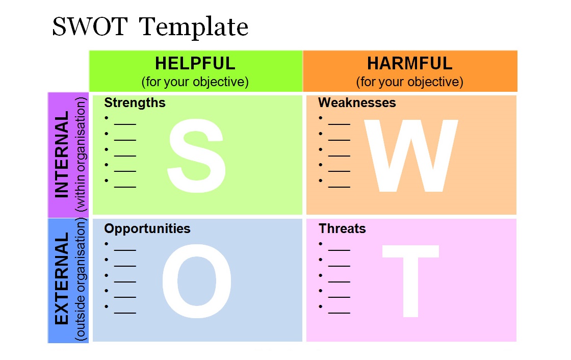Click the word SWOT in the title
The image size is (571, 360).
pyautogui.click(x=90, y=26)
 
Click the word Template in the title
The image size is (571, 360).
pyautogui.click(x=194, y=28)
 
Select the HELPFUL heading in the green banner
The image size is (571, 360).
pyautogui.click(x=195, y=63)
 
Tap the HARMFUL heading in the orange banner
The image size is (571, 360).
pyautogui.click(x=410, y=63)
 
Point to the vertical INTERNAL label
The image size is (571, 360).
pyautogui.click(x=62, y=155)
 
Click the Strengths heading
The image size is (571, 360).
pyautogui.click(x=135, y=103)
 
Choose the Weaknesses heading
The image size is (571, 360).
pyautogui.click(x=357, y=103)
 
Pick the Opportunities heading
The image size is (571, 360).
pyautogui.click(x=147, y=229)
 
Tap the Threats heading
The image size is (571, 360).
pyautogui.click(x=342, y=228)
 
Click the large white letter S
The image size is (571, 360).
pyautogui.click(x=197, y=156)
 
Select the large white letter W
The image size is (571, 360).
pyautogui.click(x=411, y=156)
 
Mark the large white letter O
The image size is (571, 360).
pyautogui.click(x=197, y=281)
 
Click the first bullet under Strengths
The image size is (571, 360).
pyautogui.click(x=107, y=118)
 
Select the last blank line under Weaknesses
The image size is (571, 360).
pyautogui.click(x=339, y=187)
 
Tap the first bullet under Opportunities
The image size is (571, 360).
pyautogui.click(x=107, y=244)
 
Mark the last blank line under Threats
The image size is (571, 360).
pyautogui.click(x=339, y=313)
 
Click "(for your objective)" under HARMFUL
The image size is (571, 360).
pyautogui.click(x=410, y=82)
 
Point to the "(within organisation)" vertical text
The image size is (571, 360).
pyautogui.click(x=81, y=155)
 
